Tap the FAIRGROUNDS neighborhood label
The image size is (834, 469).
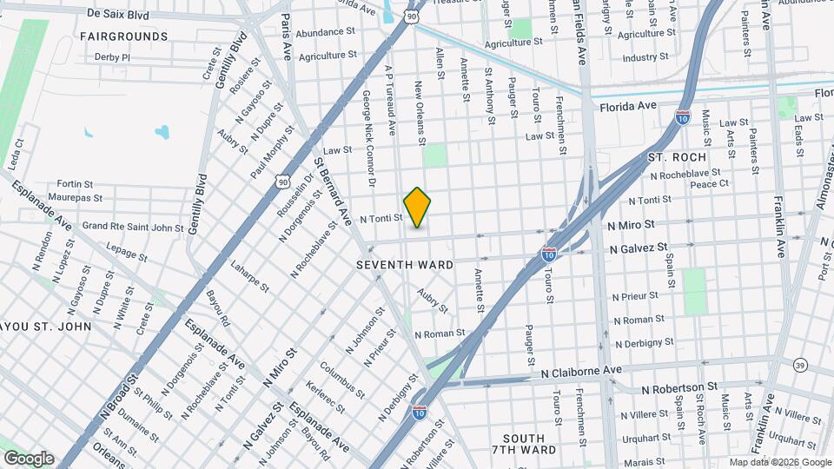point(123,36)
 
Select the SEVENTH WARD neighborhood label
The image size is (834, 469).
point(405,263)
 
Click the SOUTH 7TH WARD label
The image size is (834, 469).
point(523,444)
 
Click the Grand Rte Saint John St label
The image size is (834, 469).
point(133,228)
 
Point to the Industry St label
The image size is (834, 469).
point(645,57)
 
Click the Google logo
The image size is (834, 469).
point(29,459)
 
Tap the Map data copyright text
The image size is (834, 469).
point(779,462)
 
